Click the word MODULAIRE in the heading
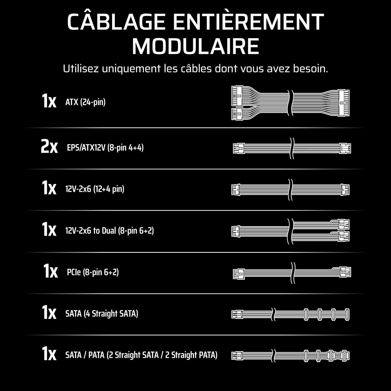click(195, 46)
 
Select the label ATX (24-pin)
click(85, 102)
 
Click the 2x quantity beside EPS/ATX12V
click(49, 147)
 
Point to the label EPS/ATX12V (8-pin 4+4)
click(105, 148)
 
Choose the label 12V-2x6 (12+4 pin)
click(95, 189)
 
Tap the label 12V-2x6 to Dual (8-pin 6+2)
click(110, 231)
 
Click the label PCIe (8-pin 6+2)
click(93, 272)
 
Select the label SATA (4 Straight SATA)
click(102, 313)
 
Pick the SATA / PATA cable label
click(141, 355)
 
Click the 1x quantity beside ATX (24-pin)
click(49, 101)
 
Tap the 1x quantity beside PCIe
click(51, 271)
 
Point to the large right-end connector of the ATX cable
click(344, 103)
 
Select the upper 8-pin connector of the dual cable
click(344, 224)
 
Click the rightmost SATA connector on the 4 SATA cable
click(347, 314)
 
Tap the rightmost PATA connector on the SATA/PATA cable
click(345, 356)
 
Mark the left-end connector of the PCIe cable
click(239, 273)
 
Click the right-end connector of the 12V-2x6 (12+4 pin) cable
click(345, 190)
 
